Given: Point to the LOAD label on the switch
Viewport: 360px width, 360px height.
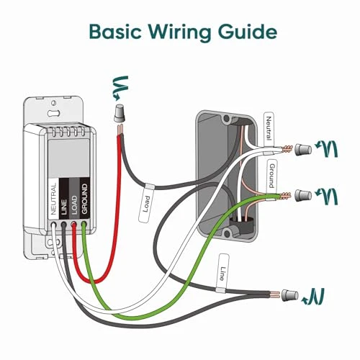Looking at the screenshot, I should click(74, 204).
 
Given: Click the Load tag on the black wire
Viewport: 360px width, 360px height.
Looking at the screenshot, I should click(144, 204).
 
